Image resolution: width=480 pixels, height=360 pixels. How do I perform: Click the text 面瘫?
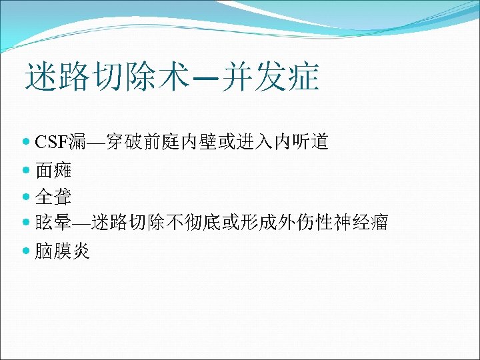53,170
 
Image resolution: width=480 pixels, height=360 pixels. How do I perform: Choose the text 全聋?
53,197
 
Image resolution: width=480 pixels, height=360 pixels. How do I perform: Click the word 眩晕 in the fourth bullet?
53,223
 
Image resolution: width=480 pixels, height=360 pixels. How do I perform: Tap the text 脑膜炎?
63,251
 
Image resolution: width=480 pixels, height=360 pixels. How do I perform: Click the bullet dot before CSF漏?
26,142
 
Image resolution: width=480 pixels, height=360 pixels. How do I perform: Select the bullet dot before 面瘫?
26,170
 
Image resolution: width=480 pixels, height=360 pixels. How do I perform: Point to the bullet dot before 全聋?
26,197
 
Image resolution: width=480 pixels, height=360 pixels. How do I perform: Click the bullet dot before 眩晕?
26,223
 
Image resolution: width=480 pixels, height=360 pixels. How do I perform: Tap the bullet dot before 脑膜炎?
26,251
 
